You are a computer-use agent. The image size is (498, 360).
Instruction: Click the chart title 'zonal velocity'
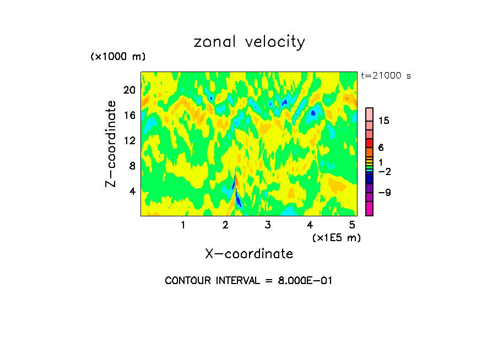coord(249,42)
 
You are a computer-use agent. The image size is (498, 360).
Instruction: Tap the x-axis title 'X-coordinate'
coord(249,253)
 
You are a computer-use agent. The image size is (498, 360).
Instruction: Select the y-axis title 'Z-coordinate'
coord(111,144)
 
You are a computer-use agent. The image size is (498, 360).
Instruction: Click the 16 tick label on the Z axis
coord(129,115)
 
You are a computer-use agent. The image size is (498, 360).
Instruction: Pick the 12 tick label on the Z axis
coord(129,140)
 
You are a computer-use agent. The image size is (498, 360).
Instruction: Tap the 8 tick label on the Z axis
coord(132,166)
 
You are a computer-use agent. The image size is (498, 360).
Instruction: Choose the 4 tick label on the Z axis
coord(132,191)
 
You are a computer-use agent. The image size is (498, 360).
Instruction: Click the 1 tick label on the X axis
coord(183,225)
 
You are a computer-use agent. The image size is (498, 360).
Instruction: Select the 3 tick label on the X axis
coord(268,225)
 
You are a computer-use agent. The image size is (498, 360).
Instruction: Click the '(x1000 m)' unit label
coord(118,57)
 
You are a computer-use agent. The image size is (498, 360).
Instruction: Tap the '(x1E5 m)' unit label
coord(336,237)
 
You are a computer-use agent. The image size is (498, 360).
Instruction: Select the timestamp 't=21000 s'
coord(386,76)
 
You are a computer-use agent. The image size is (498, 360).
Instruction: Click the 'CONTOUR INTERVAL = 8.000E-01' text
coord(249,280)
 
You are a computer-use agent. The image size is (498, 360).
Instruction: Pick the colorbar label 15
coord(384,121)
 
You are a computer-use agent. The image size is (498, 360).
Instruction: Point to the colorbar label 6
coord(381,148)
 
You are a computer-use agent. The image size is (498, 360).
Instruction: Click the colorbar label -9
coord(384,192)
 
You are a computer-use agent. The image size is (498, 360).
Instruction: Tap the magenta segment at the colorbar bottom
coord(369,209)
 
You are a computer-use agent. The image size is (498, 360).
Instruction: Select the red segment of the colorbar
coord(369,143)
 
